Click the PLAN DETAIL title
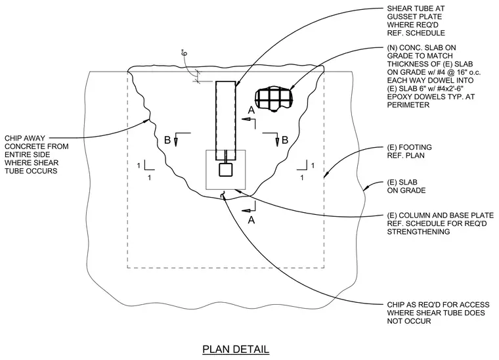click(236, 349)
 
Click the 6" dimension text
click(184, 53)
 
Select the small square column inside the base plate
click(226, 169)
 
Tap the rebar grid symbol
click(274, 99)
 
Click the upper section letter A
click(251, 110)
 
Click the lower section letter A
click(251, 220)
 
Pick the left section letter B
click(167, 140)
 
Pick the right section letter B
click(285, 140)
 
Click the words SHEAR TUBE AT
click(416, 9)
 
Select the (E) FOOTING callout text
click(409, 151)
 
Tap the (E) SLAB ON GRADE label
click(406, 186)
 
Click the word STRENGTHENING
click(418, 232)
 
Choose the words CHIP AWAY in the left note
click(25, 138)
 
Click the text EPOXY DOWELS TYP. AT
click(431, 97)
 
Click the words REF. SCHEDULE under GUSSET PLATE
click(416, 33)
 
